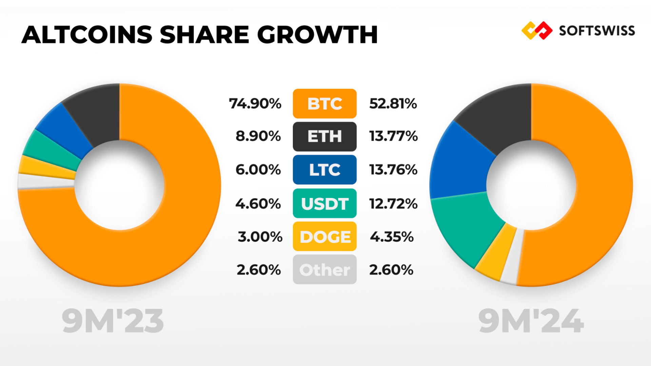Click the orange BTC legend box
[324, 103]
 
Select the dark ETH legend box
[324, 136]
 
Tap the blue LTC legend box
[324, 169]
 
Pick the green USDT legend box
[324, 203]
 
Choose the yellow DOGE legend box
[324, 237]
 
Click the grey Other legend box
[324, 269]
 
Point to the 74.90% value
[255, 103]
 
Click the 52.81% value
[393, 103]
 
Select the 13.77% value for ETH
[393, 136]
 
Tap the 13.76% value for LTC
[393, 169]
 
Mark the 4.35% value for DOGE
[392, 237]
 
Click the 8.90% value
[258, 136]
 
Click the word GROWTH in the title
[317, 35]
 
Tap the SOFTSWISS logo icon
[536, 30]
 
